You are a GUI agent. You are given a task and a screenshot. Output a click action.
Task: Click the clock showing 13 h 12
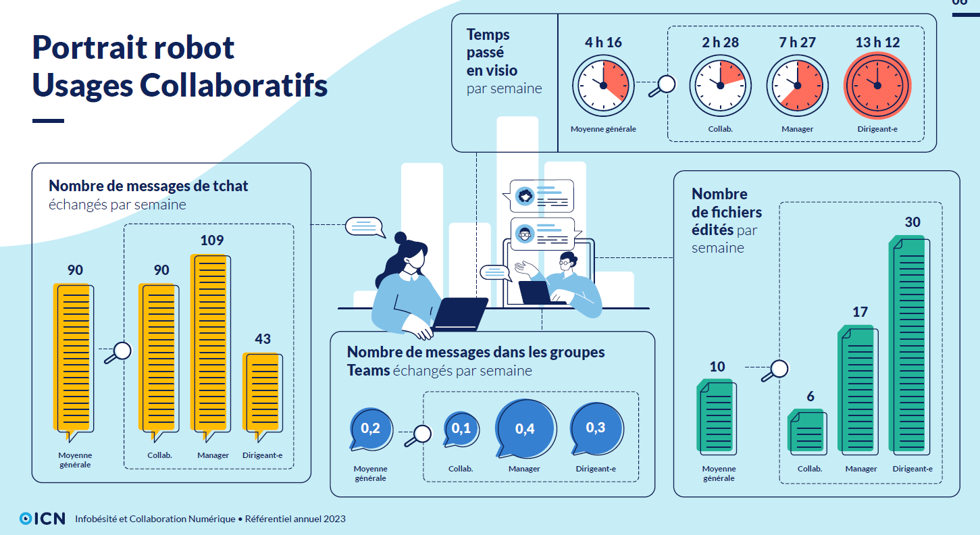tap(877, 85)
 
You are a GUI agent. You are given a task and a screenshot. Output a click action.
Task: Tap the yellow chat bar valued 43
tap(263, 395)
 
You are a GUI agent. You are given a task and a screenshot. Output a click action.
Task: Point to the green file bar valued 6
tap(807, 432)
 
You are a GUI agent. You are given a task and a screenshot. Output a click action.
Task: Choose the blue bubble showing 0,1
tap(461, 429)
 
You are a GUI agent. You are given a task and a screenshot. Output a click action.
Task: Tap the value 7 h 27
tap(797, 43)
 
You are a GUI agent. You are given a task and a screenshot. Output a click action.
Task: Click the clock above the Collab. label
tap(720, 85)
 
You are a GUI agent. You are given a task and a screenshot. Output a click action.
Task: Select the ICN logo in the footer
tap(43, 518)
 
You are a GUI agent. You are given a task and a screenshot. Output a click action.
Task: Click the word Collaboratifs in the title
tap(234, 85)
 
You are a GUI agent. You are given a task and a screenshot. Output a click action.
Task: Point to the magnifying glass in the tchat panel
tap(118, 353)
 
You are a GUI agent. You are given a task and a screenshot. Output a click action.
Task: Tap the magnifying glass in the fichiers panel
tap(775, 370)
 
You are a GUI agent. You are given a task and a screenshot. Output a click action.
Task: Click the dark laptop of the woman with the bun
tap(459, 313)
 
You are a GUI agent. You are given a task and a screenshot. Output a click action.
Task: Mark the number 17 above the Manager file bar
tap(860, 312)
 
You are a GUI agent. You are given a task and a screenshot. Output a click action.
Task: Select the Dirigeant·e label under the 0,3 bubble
tap(596, 469)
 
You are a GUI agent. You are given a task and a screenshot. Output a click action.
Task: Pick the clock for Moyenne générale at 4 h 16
tap(603, 85)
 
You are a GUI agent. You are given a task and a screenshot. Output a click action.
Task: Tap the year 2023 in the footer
tap(334, 519)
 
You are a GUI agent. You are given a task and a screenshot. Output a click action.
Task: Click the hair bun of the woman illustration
tap(401, 238)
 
